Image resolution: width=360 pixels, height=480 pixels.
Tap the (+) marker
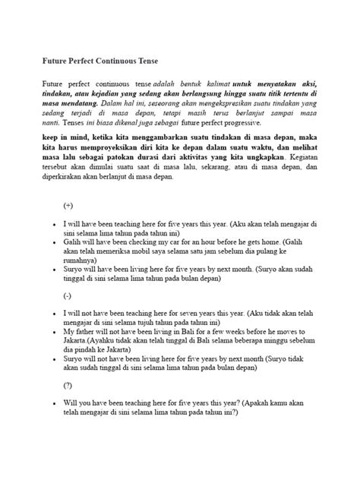69,206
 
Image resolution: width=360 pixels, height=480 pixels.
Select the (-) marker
68,295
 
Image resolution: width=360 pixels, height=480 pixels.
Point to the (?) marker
68,385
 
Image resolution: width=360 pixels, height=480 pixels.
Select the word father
88,332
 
